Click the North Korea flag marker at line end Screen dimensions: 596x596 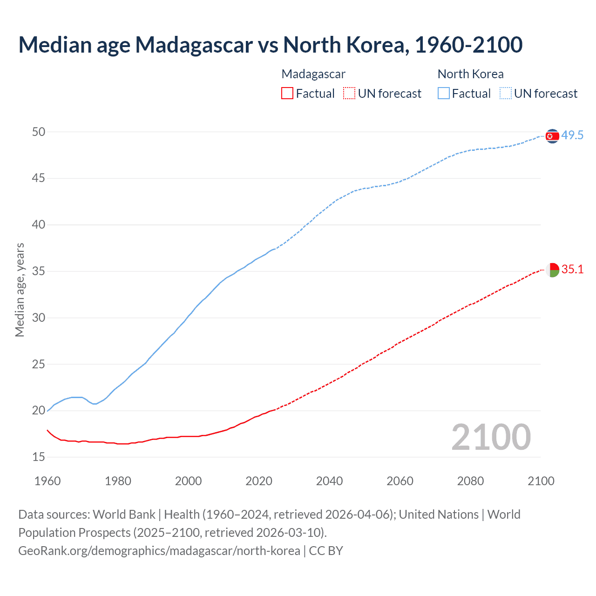[552, 136]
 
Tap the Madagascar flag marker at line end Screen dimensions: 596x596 [552, 270]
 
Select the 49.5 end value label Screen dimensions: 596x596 [572, 135]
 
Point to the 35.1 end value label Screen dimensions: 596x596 [572, 269]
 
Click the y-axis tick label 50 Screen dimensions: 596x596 [39, 132]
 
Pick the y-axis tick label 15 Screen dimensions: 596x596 [39, 457]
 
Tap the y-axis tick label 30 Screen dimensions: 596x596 [39, 318]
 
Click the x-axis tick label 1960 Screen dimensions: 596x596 [47, 481]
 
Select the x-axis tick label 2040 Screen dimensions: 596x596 [329, 481]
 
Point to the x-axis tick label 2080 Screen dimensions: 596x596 [470, 481]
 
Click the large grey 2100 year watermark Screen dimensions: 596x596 [491, 437]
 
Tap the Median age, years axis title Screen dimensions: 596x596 [20, 290]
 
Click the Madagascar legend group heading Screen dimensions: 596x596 [313, 74]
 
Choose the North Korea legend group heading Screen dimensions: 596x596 [470, 74]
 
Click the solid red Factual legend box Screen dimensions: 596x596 [287, 93]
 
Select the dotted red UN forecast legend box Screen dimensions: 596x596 [349, 93]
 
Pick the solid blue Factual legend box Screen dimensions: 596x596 [443, 93]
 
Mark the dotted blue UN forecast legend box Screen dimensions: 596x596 [505, 93]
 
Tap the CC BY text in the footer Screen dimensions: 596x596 [326, 551]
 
